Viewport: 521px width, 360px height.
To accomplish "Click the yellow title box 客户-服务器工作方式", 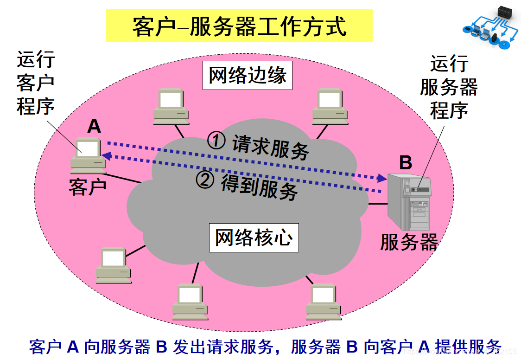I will pos(239,26).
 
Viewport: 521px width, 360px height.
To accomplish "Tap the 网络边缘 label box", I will pos(248,75).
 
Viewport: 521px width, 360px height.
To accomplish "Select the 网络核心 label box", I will pos(254,238).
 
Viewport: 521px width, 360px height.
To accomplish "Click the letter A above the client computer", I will pos(94,126).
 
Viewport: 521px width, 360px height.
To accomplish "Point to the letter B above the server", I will pos(406,162).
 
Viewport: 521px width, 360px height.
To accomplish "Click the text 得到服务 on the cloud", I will pos(259,186).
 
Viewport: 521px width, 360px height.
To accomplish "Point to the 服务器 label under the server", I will pos(409,242).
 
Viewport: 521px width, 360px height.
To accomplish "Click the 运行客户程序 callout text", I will pos(36,84).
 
